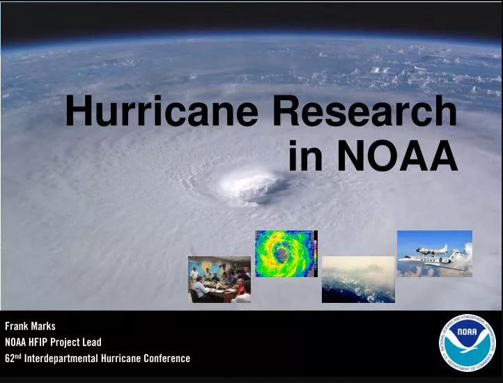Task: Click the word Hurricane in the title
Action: (x=162, y=110)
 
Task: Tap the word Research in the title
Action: (x=365, y=110)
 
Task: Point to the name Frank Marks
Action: (x=30, y=326)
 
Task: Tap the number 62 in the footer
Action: (x=10, y=358)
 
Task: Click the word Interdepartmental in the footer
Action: (x=61, y=358)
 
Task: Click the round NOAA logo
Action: (x=467, y=343)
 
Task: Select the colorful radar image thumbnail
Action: (x=286, y=253)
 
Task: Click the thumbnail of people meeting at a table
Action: (x=219, y=279)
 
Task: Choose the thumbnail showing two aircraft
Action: (x=435, y=253)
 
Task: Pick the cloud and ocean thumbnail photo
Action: (x=358, y=279)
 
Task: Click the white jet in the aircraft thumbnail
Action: (x=430, y=260)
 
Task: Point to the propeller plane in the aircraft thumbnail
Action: (x=432, y=249)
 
